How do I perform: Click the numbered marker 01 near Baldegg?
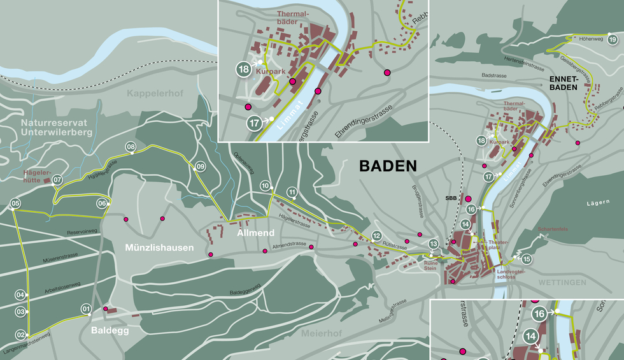tap(86, 310)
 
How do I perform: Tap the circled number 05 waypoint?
tap(16, 204)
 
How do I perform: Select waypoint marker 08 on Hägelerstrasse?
tap(131, 147)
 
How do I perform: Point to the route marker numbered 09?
tap(201, 167)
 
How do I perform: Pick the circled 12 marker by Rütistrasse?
tap(376, 236)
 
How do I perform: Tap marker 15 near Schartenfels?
tap(527, 259)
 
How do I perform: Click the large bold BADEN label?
tap(388, 166)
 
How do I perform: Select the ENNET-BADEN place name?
tap(563, 83)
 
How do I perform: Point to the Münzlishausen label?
tap(159, 247)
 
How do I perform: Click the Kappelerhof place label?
tap(155, 94)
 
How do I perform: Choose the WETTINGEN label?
tap(560, 282)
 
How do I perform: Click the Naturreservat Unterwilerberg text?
tap(56, 127)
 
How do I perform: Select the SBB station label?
tap(451, 198)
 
